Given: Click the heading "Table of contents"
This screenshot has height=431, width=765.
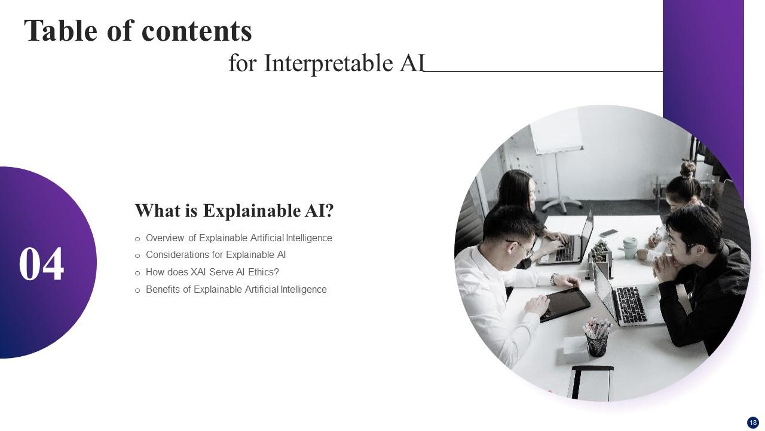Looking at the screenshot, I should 138,31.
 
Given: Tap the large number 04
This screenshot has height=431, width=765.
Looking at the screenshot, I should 41,264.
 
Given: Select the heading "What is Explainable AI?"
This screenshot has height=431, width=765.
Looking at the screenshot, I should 234,211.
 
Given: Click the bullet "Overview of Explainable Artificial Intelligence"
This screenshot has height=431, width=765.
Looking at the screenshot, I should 238,238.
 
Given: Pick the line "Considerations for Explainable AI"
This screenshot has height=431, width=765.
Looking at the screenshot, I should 216,255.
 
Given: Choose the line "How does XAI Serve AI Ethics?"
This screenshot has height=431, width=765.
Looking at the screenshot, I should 212,272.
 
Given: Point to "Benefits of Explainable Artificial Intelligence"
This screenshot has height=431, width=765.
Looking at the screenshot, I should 236,290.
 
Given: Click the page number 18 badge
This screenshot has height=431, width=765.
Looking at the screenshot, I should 752,423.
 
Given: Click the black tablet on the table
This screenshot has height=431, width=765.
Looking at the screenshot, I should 564,304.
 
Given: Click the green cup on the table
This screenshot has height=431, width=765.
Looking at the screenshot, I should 630,247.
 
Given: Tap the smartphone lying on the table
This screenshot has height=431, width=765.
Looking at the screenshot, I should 608,233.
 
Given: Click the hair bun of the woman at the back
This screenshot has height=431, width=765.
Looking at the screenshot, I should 687,169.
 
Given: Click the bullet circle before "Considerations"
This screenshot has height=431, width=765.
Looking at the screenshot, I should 137,256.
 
